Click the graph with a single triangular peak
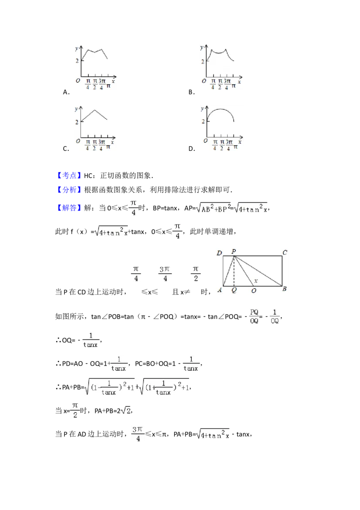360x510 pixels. click(95, 128)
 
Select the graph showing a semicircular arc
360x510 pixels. click(221, 128)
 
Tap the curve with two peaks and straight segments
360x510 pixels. click(95, 67)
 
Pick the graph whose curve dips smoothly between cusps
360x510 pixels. click(221, 67)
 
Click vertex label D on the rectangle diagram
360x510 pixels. click(219, 253)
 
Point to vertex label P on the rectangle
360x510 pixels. click(234, 252)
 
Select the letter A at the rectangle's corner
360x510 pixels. click(220, 290)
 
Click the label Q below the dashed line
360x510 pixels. click(234, 290)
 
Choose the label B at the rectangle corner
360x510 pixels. click(284, 289)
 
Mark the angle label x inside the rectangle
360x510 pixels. click(256, 281)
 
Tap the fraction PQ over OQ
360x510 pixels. click(254, 316)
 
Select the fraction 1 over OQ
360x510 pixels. click(274, 316)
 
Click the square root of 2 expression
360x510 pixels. click(126, 411)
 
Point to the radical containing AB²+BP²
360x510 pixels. click(213, 208)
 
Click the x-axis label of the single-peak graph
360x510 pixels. click(112, 142)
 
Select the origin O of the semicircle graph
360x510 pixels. click(205, 141)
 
